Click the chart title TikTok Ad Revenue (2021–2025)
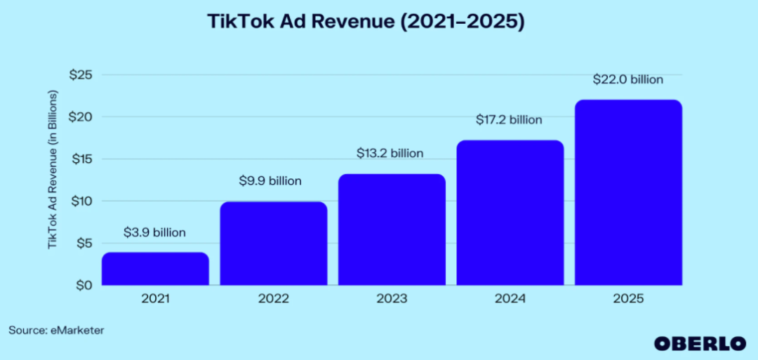366,22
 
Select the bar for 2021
155,269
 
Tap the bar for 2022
273,244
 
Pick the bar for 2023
392,229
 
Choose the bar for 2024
510,213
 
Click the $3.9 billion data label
155,232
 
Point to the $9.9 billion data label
270,181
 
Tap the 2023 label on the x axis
392,299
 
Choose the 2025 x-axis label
628,299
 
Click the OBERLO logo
700,343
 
